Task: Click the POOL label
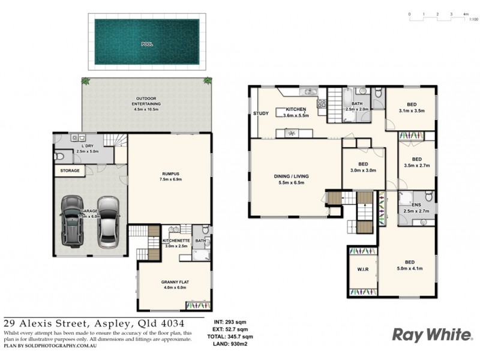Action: coord(146,44)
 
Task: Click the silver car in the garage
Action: coord(108,220)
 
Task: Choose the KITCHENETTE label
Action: coord(175,241)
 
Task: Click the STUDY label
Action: coord(260,113)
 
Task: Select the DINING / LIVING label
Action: coord(291,176)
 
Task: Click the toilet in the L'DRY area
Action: coord(59,155)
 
